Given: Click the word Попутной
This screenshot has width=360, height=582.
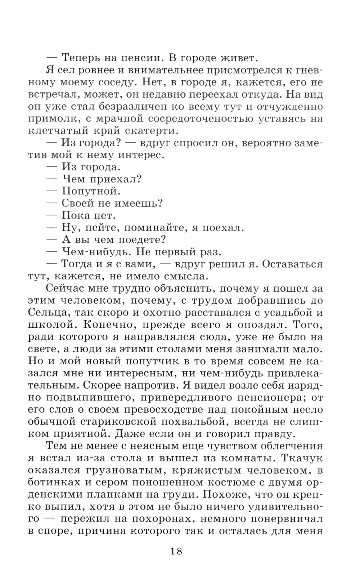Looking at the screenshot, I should [91, 191].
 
